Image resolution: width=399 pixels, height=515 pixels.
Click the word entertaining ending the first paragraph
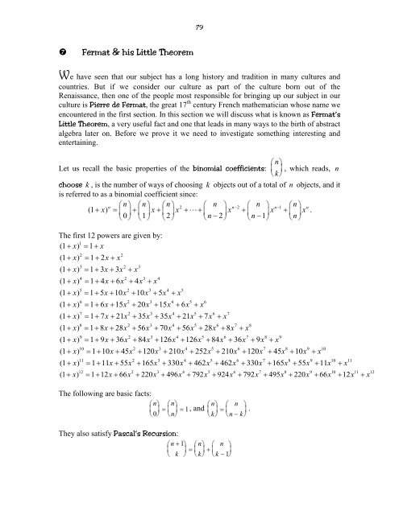[x=73, y=160]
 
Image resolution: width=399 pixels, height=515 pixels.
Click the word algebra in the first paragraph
[x=66, y=148]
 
